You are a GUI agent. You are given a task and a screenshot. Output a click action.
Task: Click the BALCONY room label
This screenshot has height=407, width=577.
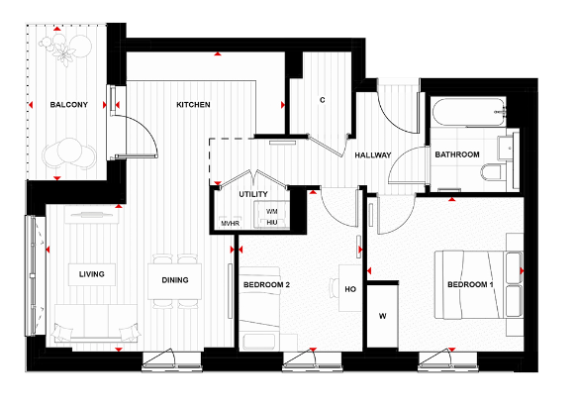click(70, 104)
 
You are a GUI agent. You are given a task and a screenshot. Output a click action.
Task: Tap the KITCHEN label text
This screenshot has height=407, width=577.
click(193, 104)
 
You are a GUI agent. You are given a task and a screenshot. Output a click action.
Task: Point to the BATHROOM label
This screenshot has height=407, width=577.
click(457, 154)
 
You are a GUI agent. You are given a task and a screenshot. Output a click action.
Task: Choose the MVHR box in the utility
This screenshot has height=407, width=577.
click(231, 223)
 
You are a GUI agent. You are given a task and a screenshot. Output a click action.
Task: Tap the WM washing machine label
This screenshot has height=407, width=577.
click(272, 211)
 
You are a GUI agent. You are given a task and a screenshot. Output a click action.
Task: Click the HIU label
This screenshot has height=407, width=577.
click(272, 223)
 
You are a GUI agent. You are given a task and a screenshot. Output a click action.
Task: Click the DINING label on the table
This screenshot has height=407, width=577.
click(175, 280)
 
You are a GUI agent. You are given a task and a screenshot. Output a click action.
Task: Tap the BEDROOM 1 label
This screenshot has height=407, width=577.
click(469, 285)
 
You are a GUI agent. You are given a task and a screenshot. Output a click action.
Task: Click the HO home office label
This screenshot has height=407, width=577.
click(349, 290)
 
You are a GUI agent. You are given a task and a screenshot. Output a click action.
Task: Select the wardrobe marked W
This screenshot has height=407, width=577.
click(383, 317)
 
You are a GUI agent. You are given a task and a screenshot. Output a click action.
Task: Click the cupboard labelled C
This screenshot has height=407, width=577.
click(323, 100)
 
